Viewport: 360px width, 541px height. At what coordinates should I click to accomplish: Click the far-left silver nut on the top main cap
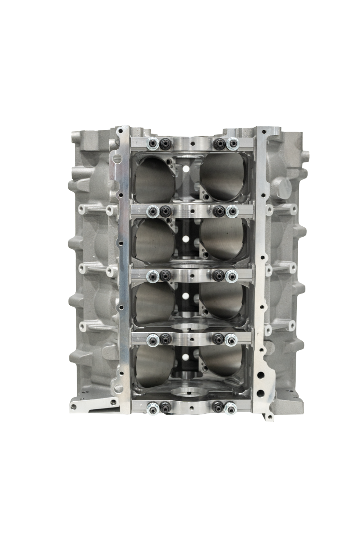tap(153, 144)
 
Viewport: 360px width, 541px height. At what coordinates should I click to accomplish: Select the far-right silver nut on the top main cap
tap(233, 144)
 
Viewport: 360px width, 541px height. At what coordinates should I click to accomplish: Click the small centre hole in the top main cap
tap(193, 144)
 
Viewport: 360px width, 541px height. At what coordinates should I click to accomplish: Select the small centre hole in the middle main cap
tap(193, 275)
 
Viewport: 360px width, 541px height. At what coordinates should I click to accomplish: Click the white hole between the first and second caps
tap(185, 170)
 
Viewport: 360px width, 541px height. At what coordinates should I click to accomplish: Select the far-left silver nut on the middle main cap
tap(153, 275)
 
